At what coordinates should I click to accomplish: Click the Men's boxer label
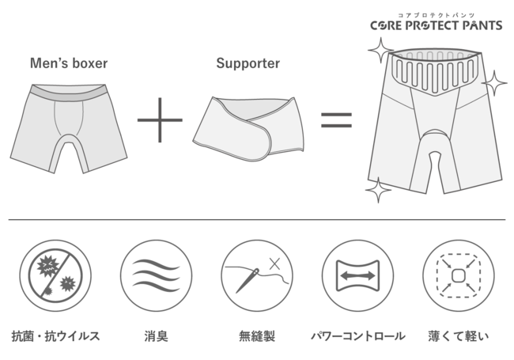[69, 63]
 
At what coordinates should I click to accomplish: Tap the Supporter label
[248, 63]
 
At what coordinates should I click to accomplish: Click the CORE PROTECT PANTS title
[436, 25]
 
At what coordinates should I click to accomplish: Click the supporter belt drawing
[248, 127]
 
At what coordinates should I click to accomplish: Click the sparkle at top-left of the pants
[380, 51]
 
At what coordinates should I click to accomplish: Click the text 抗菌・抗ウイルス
[55, 335]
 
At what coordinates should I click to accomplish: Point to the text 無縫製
[257, 335]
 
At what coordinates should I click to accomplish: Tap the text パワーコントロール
[357, 335]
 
